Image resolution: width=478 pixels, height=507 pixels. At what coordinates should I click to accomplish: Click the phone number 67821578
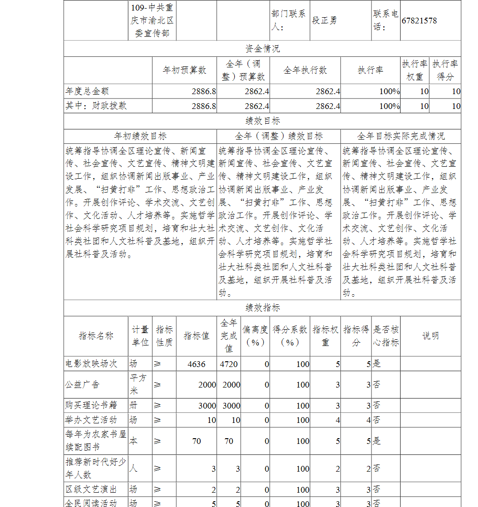tap(419, 21)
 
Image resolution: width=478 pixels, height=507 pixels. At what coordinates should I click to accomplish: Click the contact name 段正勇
tap(325, 21)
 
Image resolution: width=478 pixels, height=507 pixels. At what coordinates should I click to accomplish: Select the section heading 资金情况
tap(262, 49)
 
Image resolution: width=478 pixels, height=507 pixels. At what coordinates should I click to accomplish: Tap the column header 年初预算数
tap(185, 70)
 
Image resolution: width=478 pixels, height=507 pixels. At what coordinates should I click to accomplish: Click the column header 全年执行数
tap(305, 70)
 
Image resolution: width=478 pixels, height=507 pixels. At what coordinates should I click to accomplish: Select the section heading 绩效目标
tap(262, 121)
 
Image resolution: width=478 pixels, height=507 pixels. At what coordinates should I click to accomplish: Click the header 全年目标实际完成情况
tap(401, 136)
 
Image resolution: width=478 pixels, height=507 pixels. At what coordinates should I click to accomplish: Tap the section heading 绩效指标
tap(262, 308)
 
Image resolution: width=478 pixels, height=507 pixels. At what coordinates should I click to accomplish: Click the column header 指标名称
tap(96, 336)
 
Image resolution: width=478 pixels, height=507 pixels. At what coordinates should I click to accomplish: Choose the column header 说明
tap(430, 336)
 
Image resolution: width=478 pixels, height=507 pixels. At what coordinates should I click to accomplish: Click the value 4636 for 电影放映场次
tap(196, 364)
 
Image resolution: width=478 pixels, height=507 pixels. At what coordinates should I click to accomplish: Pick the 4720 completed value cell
tap(229, 364)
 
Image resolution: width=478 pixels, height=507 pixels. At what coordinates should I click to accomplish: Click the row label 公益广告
tap(82, 385)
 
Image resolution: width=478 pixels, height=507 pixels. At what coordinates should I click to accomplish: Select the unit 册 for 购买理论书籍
tap(133, 406)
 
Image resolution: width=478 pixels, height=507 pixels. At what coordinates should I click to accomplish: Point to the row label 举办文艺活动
tap(91, 420)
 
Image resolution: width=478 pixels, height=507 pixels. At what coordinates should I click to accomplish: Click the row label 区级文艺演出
tap(91, 490)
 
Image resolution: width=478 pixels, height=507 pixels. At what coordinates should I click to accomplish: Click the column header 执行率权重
tap(414, 70)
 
